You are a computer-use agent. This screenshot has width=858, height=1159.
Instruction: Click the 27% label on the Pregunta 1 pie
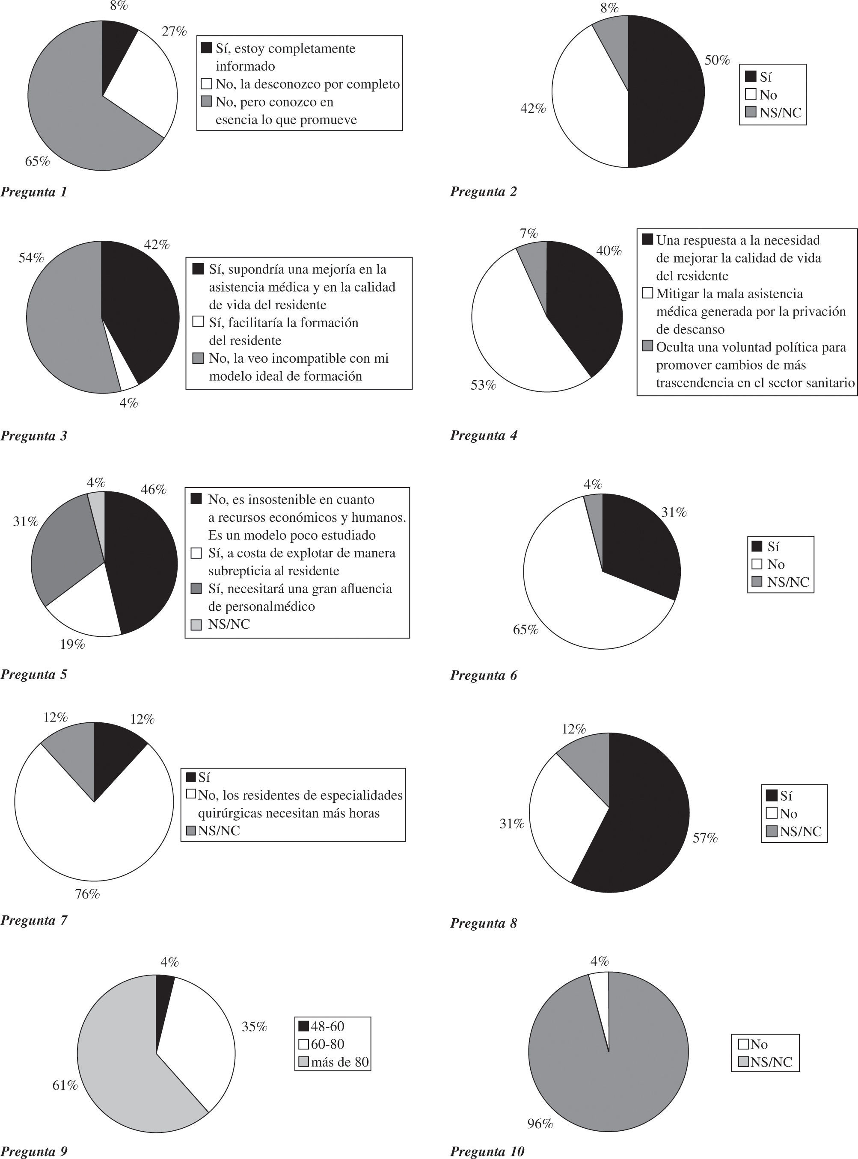pyautogui.click(x=174, y=32)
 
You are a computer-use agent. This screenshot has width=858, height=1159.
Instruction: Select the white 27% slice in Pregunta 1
pyautogui.click(x=145, y=83)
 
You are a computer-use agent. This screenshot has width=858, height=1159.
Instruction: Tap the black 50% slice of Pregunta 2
pyautogui.click(x=668, y=93)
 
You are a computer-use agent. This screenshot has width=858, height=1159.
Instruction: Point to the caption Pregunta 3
pyautogui.click(x=34, y=436)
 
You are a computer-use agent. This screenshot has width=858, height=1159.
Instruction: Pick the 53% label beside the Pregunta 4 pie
pyautogui.click(x=483, y=385)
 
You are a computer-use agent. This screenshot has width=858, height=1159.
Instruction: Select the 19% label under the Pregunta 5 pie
pyautogui.click(x=72, y=645)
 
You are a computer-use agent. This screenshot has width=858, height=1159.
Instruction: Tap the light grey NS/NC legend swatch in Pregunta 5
pyautogui.click(x=196, y=625)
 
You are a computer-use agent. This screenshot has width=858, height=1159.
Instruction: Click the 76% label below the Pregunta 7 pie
pyautogui.click(x=87, y=894)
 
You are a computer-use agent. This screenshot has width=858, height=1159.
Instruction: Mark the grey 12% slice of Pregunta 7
pyautogui.click(x=73, y=750)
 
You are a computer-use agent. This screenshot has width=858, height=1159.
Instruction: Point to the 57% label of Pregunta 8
pyautogui.click(x=705, y=838)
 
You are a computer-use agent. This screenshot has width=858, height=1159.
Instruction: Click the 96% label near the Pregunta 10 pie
pyautogui.click(x=540, y=1124)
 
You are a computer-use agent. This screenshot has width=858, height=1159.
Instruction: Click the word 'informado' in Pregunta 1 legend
pyautogui.click(x=245, y=66)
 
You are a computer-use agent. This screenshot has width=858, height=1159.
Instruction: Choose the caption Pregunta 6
pyautogui.click(x=484, y=676)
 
